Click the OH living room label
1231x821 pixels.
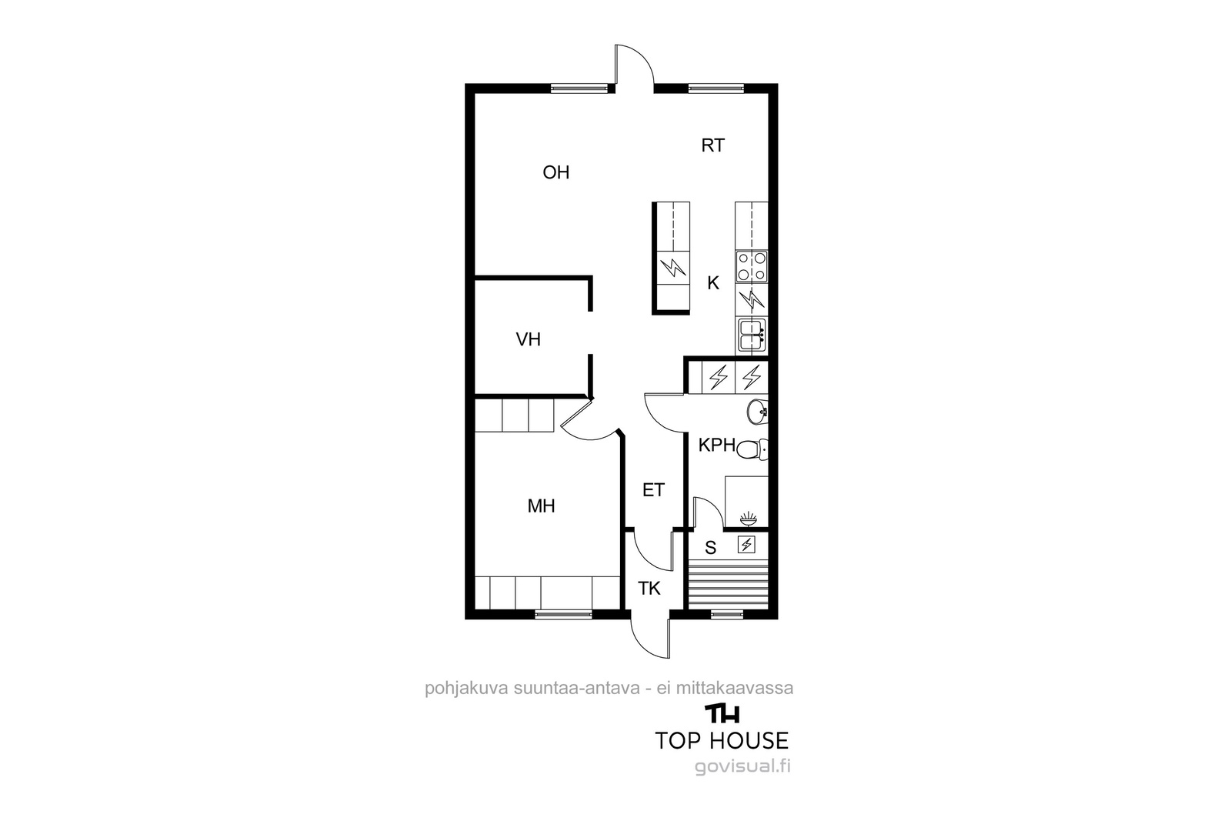555,172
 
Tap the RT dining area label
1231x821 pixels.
712,145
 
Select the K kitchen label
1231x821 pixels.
712,283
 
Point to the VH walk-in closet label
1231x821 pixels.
528,339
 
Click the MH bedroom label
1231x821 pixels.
541,506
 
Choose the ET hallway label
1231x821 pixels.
653,489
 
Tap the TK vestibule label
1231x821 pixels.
649,589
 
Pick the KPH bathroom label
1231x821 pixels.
716,445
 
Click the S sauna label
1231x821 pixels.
711,548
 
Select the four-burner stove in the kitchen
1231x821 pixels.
751,266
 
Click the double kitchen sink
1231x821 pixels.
751,335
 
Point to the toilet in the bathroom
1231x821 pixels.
751,449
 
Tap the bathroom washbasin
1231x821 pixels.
757,412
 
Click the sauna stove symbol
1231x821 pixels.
746,545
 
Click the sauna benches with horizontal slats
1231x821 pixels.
728,584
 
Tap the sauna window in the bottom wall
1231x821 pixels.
727,614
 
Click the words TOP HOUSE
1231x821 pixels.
722,741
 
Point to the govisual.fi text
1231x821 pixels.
742,766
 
